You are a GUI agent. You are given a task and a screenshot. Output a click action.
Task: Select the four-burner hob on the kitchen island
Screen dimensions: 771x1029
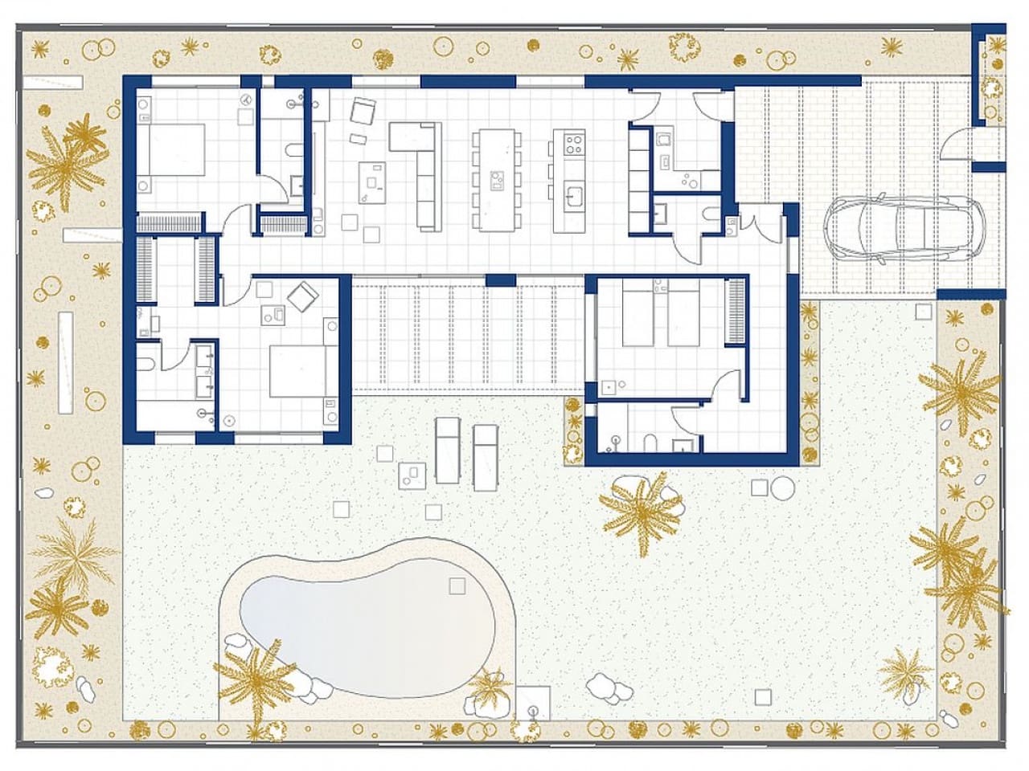click(x=574, y=145)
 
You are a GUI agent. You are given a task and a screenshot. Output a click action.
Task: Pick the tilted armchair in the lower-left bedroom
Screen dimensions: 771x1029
click(x=304, y=297)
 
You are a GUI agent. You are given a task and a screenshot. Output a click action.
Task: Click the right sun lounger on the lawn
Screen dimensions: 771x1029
click(x=485, y=458)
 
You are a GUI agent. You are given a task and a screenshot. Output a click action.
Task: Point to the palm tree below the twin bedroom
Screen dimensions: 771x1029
click(x=643, y=511)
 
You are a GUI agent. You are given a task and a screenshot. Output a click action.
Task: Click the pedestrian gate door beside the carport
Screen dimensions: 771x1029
click(x=958, y=145)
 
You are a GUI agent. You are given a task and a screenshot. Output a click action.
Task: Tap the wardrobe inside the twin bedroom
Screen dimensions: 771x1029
click(x=736, y=311)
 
